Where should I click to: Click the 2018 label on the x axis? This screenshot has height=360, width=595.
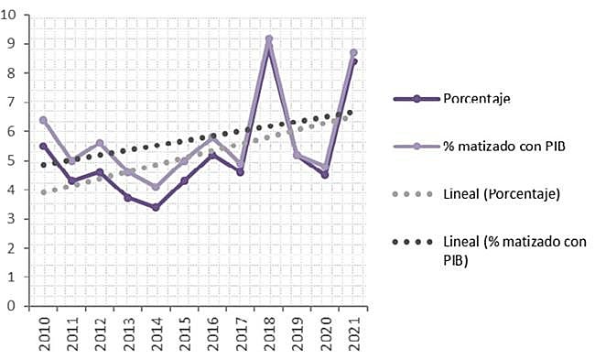coord(270,333)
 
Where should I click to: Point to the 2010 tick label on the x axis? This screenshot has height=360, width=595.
coord(43,333)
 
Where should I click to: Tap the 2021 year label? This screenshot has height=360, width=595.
coord(355,333)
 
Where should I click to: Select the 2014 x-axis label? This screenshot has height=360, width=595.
coord(157,333)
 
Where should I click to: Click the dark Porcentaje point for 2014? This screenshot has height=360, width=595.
coord(156,208)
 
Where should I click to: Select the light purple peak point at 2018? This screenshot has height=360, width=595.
coord(269,39)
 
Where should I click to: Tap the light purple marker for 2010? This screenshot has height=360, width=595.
coord(43,120)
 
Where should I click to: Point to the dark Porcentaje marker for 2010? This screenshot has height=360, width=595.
coord(43,146)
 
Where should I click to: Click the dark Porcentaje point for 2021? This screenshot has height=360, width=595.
coord(354,61)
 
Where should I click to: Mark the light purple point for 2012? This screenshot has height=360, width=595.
coord(100,144)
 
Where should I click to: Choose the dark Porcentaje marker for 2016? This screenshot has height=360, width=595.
coord(212,156)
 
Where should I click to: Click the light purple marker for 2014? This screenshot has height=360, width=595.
coord(156,188)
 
